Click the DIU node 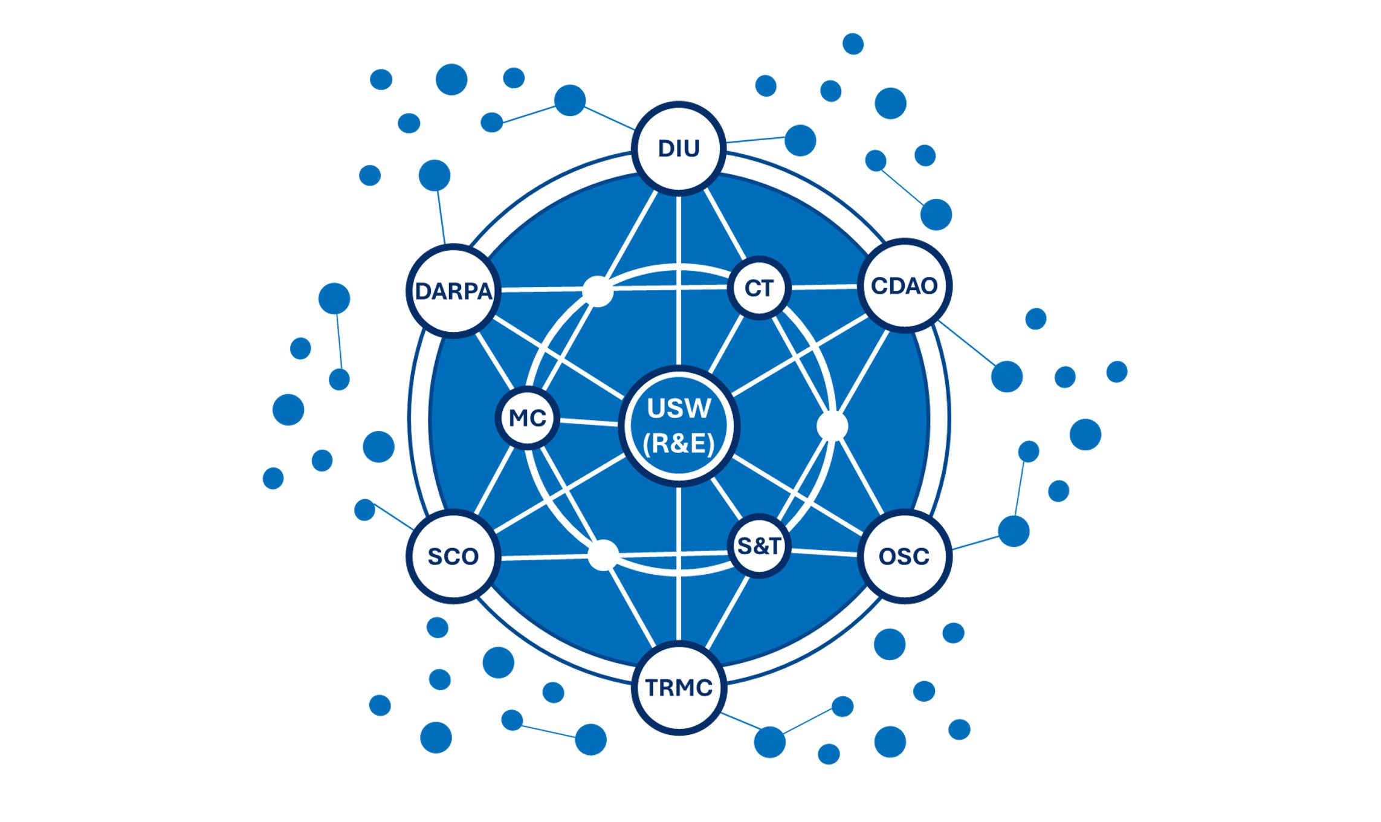tap(679, 148)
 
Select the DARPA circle tap(453, 291)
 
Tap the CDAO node tap(904, 285)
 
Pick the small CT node tap(759, 288)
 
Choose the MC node tap(528, 418)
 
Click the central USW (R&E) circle tap(679, 426)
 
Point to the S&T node tap(759, 546)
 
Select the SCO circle tap(453, 556)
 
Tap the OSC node tap(904, 556)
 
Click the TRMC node tap(679, 687)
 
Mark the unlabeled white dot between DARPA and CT tap(597, 291)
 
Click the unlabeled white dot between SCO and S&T tap(603, 555)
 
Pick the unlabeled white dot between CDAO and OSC tap(832, 426)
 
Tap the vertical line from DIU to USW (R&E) tap(679, 278)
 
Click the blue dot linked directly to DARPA tap(435, 175)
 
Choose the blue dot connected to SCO tap(364, 510)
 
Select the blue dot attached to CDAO tap(1007, 376)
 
